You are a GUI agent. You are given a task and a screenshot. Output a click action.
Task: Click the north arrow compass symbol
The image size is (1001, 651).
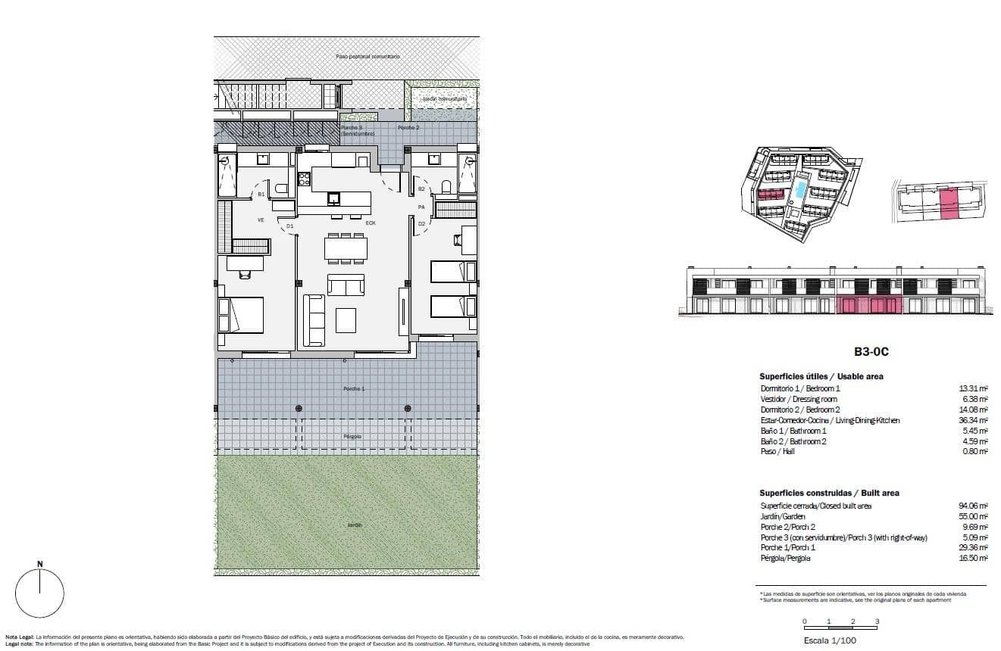[x=39, y=593]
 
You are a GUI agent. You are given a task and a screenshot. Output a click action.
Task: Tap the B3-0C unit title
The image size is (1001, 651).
[x=871, y=352]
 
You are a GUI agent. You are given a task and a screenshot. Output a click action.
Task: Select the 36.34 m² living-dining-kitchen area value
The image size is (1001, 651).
[x=973, y=420]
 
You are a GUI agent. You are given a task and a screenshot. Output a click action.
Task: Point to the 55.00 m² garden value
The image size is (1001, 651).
[x=973, y=516]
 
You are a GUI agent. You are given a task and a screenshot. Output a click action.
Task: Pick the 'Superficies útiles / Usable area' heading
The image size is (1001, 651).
[x=821, y=376]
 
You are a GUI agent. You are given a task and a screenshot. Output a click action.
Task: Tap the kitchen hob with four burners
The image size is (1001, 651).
[x=304, y=179]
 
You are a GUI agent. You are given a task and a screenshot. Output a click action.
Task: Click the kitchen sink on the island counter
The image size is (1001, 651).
[x=333, y=199]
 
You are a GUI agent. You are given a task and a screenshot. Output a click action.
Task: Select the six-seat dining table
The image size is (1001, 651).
[x=346, y=248]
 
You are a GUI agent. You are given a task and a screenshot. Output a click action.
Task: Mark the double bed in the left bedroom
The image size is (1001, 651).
[x=241, y=315]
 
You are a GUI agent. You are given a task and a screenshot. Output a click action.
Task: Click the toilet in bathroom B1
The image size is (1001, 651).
[x=280, y=189]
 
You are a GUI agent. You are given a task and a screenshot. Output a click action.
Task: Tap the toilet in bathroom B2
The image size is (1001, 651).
[x=446, y=187]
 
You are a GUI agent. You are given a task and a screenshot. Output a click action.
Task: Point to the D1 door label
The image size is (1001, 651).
[x=289, y=226]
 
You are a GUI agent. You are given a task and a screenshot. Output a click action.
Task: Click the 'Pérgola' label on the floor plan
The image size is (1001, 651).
[x=352, y=437]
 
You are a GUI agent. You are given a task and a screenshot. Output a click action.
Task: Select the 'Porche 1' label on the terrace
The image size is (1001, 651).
[x=354, y=389]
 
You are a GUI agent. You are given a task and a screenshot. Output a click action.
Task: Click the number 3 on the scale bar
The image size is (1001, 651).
[x=877, y=621]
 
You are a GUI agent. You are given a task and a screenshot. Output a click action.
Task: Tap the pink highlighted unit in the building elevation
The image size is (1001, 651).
[x=870, y=306]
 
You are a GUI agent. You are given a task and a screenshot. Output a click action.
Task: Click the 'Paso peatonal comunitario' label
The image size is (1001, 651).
[x=368, y=57]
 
